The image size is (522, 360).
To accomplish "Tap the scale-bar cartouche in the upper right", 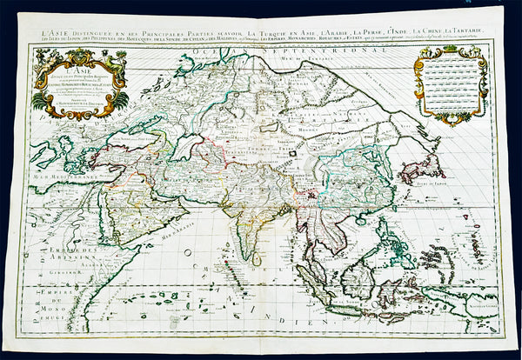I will pyautogui.click(x=451, y=83).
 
